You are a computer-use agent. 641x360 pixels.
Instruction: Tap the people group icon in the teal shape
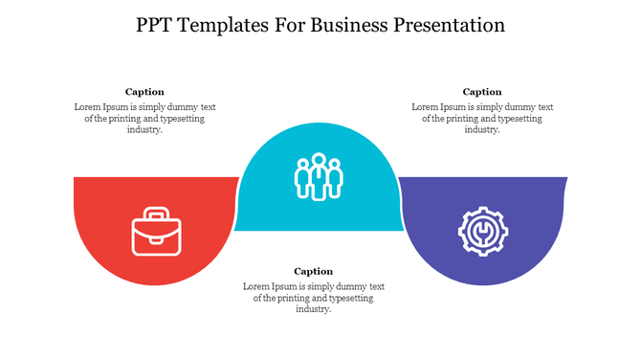[x=319, y=176]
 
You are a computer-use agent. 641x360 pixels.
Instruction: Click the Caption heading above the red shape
[x=144, y=92]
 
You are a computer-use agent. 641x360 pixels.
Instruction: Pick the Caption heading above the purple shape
[x=482, y=92]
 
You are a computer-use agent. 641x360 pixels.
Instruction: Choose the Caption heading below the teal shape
[x=313, y=271]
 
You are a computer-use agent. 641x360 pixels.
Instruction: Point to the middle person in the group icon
[x=319, y=174]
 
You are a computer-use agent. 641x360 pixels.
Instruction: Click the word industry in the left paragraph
[x=144, y=130]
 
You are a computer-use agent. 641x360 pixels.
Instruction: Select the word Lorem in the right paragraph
[x=426, y=106]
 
